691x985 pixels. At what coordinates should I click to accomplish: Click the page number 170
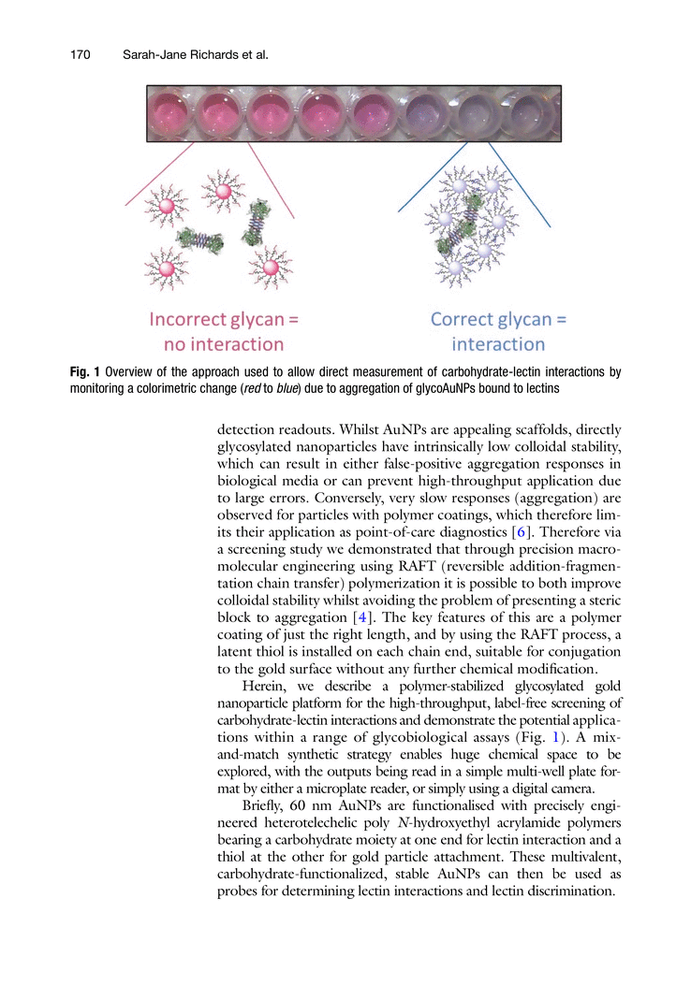80,55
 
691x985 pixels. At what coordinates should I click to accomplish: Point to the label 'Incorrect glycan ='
224,319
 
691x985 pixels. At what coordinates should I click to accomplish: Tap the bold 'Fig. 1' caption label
86,371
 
